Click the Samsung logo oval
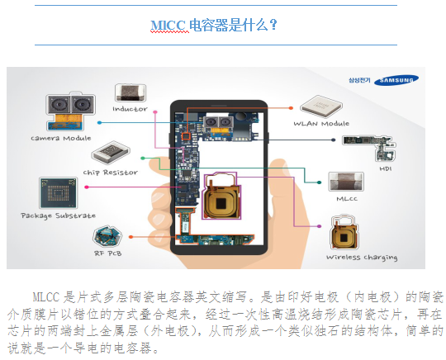(396, 80)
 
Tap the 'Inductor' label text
(130, 109)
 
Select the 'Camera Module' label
(61, 138)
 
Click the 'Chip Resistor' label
(111, 173)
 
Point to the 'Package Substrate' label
(59, 216)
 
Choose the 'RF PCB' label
(108, 253)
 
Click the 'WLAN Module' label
(321, 123)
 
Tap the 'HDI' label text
(386, 169)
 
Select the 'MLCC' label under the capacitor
(347, 199)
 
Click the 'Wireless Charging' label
(362, 258)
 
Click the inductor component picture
(130, 92)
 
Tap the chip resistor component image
(111, 153)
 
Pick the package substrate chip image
(58, 192)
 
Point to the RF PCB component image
(107, 236)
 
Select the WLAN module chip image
(321, 107)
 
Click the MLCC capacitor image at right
(346, 182)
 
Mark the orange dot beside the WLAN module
(291, 108)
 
